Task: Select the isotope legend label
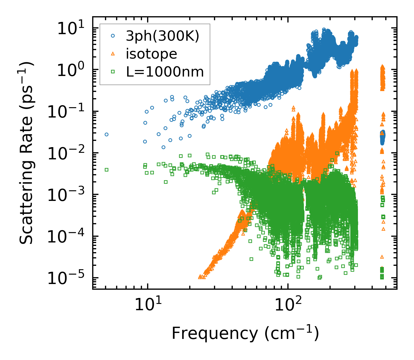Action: pyautogui.click(x=151, y=54)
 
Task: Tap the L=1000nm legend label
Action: pyautogui.click(x=165, y=72)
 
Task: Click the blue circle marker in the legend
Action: pyautogui.click(x=113, y=36)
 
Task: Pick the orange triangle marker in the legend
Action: pyautogui.click(x=113, y=54)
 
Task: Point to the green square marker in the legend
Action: pyautogui.click(x=113, y=72)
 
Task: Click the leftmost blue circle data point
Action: pyautogui.click(x=106, y=134)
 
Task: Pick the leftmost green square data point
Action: pyautogui.click(x=106, y=170)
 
